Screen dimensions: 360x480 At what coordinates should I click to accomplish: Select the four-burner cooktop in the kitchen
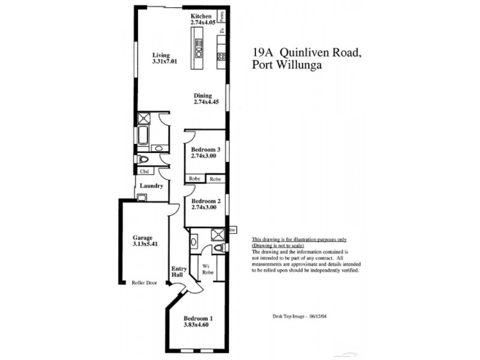coord(221,58)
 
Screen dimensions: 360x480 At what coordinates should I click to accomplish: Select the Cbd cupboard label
coord(144,171)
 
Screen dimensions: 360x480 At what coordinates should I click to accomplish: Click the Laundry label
coord(151,186)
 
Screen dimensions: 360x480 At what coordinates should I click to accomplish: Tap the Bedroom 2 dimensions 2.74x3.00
coord(203,208)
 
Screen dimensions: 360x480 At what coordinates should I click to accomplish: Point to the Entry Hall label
coord(178,272)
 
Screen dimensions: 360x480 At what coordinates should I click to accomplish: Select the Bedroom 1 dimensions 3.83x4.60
coord(199,325)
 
